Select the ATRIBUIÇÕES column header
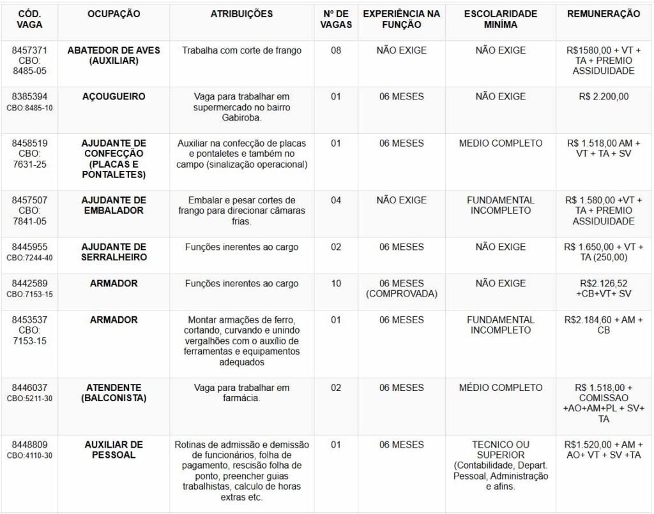(241, 14)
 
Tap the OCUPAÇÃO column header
(114, 14)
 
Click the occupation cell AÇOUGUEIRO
(114, 97)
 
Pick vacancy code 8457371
(29, 50)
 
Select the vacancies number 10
(336, 283)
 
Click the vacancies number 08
(336, 50)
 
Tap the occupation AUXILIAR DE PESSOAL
(114, 450)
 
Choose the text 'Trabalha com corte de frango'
(241, 50)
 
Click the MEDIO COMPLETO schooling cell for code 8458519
(501, 143)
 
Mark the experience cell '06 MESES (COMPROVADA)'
(401, 288)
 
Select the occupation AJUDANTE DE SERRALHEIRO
(114, 252)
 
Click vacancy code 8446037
(29, 388)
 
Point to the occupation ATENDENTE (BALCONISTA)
(114, 393)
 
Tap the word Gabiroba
(241, 117)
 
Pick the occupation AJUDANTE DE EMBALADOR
(114, 205)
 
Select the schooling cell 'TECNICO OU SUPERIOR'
(501, 450)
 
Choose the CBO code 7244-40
(38, 258)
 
